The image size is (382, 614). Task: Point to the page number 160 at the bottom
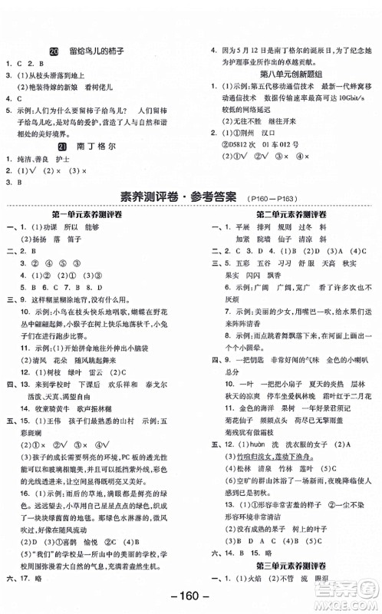190,599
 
